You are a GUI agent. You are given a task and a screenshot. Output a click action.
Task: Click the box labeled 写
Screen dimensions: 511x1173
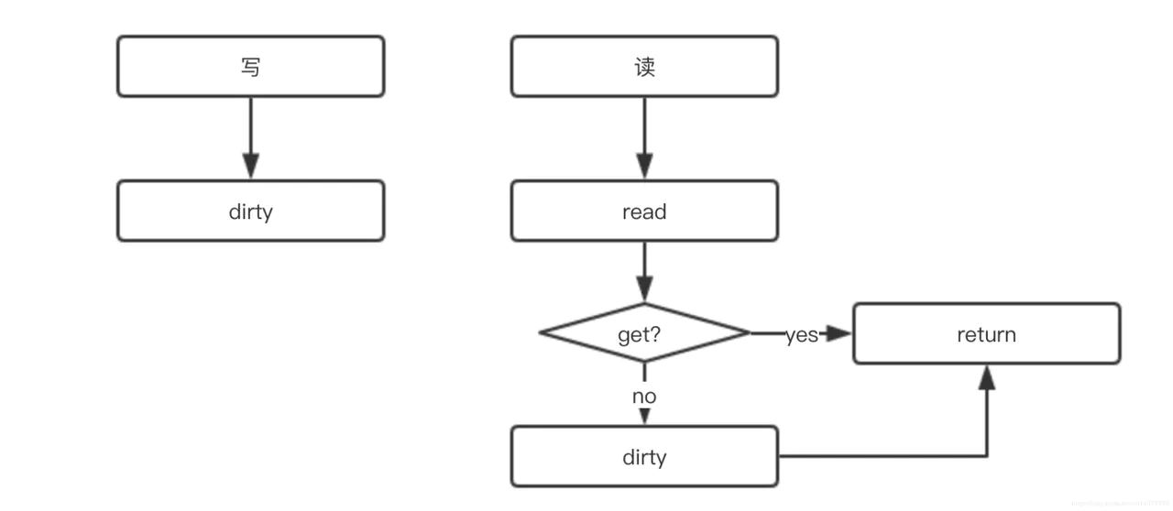[x=250, y=67]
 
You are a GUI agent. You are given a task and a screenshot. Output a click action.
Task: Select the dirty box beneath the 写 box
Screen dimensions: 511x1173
[x=250, y=212]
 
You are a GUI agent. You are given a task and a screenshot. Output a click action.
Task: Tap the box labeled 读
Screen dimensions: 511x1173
[x=644, y=67]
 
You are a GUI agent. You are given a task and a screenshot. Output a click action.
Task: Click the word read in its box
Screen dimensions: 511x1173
[x=644, y=212]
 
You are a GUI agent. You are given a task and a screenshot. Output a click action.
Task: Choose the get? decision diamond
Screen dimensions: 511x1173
[x=644, y=334]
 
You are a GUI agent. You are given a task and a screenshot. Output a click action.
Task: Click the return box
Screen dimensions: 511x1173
[x=986, y=334]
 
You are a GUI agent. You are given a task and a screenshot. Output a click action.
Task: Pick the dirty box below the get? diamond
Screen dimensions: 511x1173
[x=644, y=457]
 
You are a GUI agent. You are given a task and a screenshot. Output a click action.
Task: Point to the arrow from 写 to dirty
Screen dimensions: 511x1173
[x=250, y=137]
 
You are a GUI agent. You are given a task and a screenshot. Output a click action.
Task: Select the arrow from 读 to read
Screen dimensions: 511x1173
[x=644, y=137]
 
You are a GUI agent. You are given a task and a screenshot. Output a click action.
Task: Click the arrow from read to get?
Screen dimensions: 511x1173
[x=644, y=272]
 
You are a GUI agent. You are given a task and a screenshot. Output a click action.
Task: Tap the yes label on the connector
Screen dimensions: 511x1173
[x=801, y=335]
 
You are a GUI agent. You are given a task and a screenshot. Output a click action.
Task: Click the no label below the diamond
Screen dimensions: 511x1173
[x=644, y=397]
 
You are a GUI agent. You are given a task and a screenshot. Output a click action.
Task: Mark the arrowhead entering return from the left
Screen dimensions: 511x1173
[x=839, y=334]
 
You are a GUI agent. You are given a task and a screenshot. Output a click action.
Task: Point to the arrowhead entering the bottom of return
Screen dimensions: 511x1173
[x=986, y=376]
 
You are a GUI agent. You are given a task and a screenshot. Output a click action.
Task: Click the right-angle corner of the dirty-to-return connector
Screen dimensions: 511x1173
[x=986, y=456]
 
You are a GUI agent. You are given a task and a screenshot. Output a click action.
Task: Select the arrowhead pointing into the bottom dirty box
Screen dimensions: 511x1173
[x=644, y=417]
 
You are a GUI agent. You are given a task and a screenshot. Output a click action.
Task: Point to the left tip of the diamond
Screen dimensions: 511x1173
[x=542, y=333]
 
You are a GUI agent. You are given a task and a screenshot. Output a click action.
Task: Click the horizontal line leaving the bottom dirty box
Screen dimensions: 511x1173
[x=880, y=456]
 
